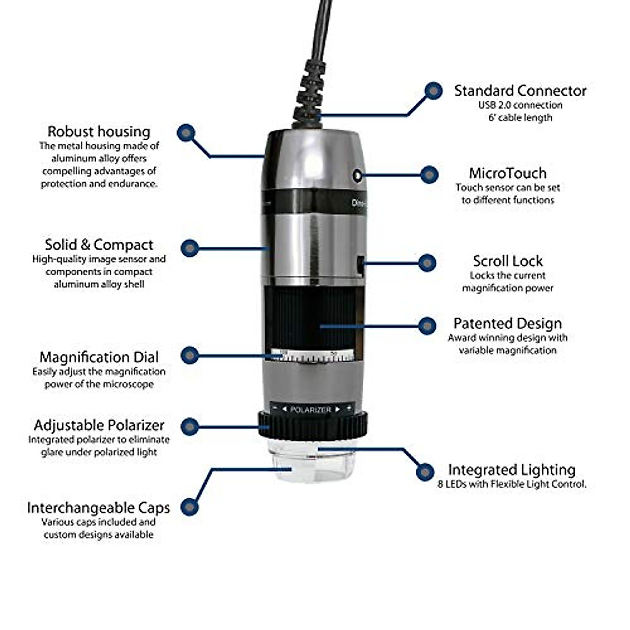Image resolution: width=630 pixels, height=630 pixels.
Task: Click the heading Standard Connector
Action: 520,91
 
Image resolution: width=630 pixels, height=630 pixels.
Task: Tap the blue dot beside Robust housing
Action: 186,133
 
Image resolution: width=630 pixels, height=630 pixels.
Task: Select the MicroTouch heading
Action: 507,173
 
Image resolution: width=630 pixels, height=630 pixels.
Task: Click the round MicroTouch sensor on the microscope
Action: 358,176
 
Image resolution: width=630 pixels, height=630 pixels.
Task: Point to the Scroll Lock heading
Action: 507,261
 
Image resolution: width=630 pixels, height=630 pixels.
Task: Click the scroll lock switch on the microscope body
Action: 360,265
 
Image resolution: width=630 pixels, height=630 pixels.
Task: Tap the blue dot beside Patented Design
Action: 427,325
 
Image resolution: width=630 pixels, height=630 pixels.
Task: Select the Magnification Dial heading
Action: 99,357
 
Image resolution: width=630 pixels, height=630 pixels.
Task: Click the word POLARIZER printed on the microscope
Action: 311,409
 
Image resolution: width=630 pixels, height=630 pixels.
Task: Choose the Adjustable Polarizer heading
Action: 99,425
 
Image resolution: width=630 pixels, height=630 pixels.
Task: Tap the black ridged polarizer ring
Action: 312,426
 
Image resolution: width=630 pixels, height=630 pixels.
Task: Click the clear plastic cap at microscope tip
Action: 312,462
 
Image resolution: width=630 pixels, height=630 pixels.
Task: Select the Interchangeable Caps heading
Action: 98,508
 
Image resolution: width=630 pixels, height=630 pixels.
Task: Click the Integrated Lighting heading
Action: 511,470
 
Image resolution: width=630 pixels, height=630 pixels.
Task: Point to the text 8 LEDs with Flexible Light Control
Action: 511,484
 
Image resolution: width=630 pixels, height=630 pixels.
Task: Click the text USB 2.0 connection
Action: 520,105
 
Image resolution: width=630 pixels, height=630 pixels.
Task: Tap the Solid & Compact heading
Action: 99,245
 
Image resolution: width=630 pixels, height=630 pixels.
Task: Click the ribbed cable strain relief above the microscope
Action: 310,94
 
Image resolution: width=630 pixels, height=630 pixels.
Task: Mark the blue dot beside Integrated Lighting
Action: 425,471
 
